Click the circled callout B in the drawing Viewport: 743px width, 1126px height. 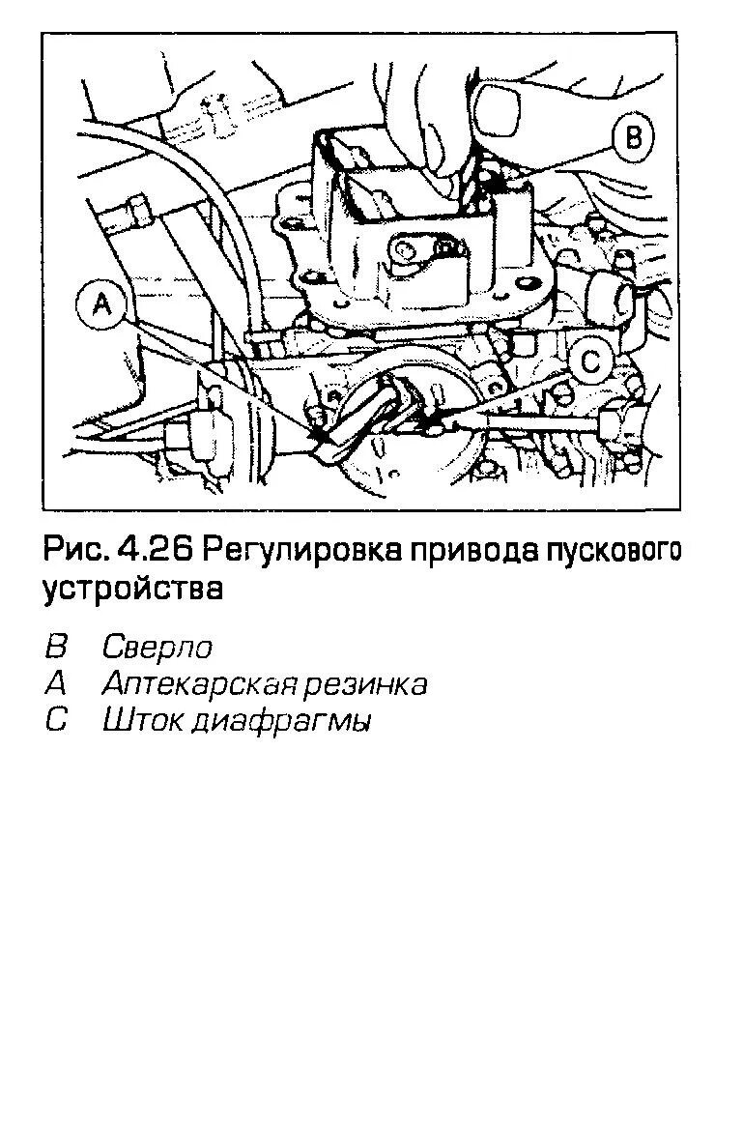(x=634, y=137)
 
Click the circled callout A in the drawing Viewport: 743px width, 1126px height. (x=101, y=306)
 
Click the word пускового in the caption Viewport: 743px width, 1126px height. (x=614, y=553)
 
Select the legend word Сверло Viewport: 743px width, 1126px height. (x=157, y=648)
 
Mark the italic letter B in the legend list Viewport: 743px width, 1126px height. (x=55, y=648)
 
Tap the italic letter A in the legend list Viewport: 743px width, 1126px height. (x=55, y=684)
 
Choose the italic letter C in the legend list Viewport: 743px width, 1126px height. (x=55, y=721)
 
